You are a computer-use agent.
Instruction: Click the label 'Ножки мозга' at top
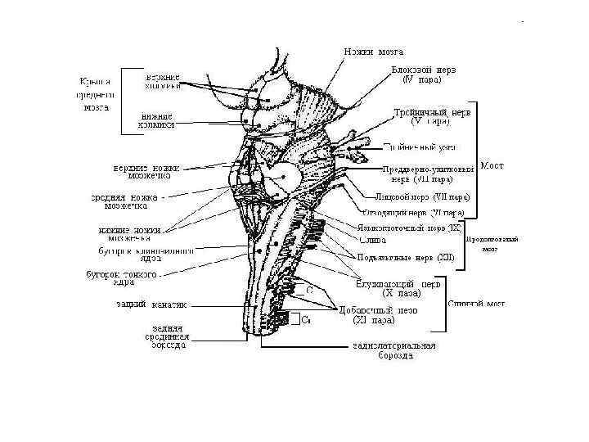click(x=372, y=52)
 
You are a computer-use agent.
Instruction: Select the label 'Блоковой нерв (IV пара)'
click(x=423, y=74)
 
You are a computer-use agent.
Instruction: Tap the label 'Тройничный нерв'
click(x=431, y=116)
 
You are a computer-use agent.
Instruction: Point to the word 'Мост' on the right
click(x=492, y=165)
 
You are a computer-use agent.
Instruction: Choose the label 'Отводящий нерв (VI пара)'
click(x=413, y=212)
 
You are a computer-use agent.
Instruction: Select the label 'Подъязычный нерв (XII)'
click(x=405, y=258)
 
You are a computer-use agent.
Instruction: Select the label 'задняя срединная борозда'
click(x=161, y=336)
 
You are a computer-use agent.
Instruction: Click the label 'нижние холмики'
click(x=157, y=121)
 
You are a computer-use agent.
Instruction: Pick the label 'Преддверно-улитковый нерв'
click(x=428, y=174)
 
